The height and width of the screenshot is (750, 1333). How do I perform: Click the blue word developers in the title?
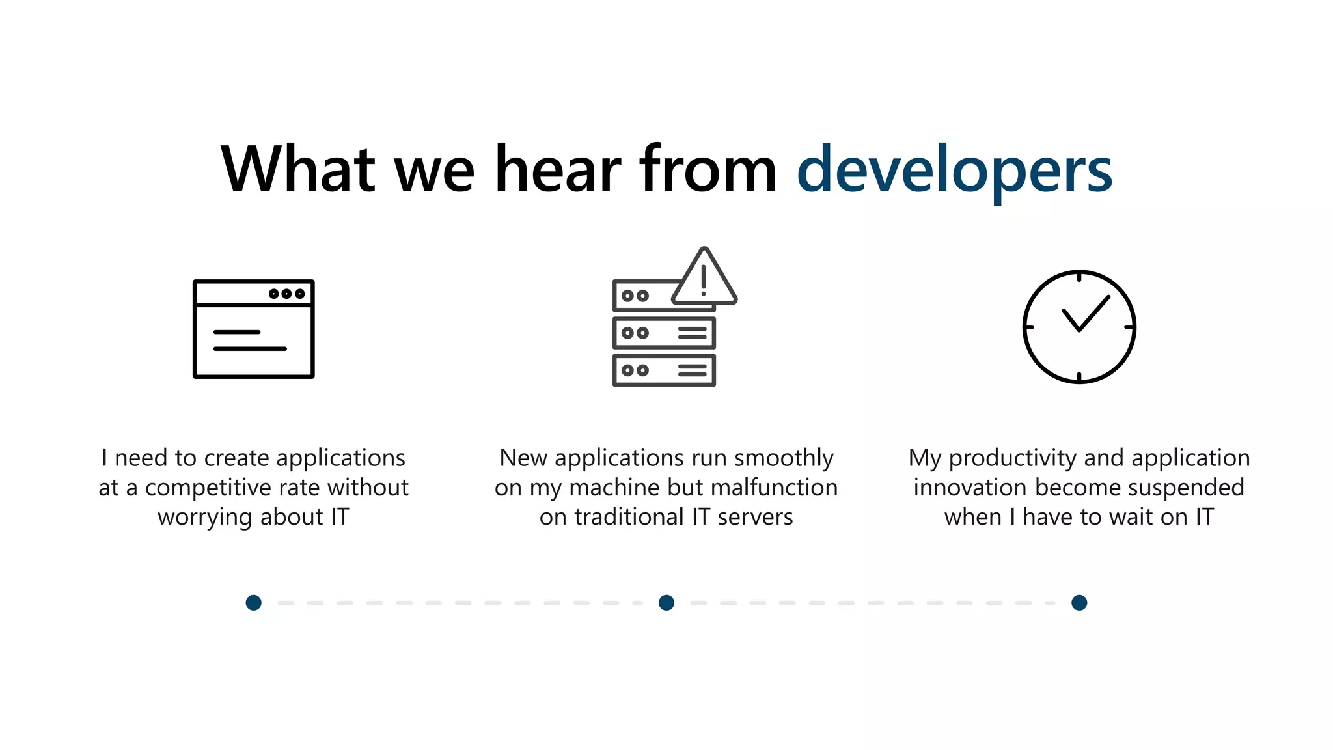(954, 171)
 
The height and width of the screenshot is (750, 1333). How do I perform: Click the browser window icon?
(253, 329)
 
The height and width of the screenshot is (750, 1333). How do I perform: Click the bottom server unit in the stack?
(664, 370)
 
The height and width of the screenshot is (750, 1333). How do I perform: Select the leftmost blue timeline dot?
(254, 603)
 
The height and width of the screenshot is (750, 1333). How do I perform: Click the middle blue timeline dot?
(666, 603)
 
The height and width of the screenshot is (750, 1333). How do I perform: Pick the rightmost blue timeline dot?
(1079, 603)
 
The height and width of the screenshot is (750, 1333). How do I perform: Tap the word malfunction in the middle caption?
(774, 488)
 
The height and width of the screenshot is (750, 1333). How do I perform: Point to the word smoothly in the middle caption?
(784, 458)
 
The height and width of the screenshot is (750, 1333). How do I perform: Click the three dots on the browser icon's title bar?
(286, 294)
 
